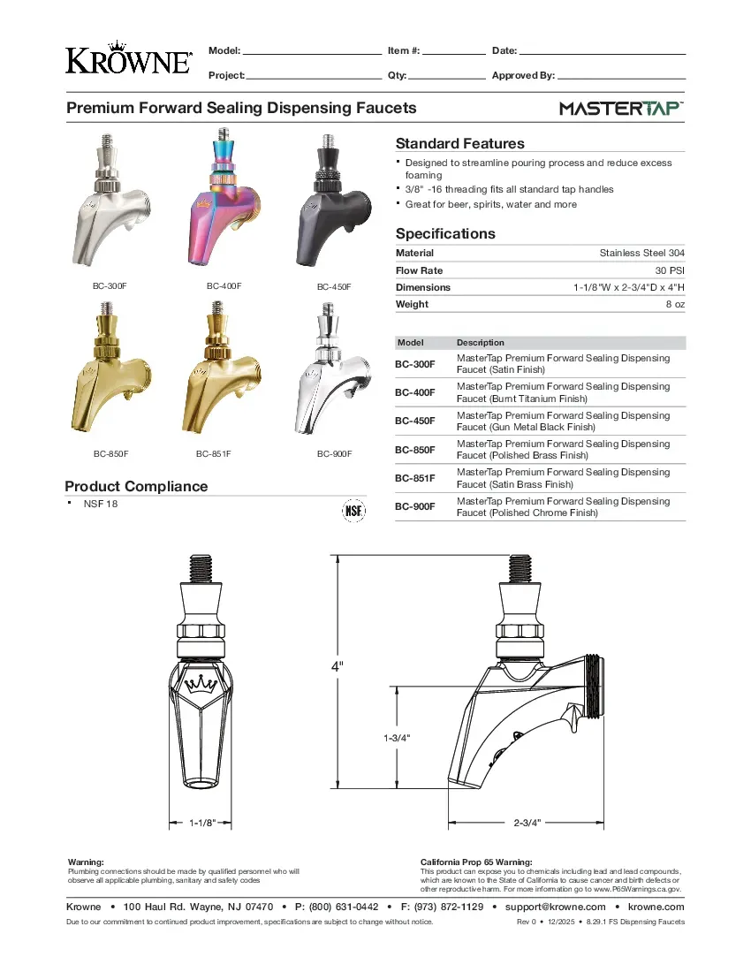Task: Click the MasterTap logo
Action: pyautogui.click(x=621, y=109)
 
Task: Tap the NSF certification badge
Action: pyautogui.click(x=353, y=512)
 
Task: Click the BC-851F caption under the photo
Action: pyautogui.click(x=213, y=453)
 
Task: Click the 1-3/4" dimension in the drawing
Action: pyautogui.click(x=397, y=737)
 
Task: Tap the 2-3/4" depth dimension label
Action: pyautogui.click(x=527, y=823)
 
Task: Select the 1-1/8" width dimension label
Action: pyautogui.click(x=201, y=823)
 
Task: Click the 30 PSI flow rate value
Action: pyautogui.click(x=669, y=270)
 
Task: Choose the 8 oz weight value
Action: pyautogui.click(x=675, y=304)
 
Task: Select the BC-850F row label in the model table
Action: pyautogui.click(x=414, y=450)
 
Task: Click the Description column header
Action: pyautogui.click(x=481, y=342)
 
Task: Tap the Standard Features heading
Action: pyautogui.click(x=459, y=143)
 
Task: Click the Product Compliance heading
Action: pyautogui.click(x=136, y=486)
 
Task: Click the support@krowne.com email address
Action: pyautogui.click(x=556, y=907)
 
